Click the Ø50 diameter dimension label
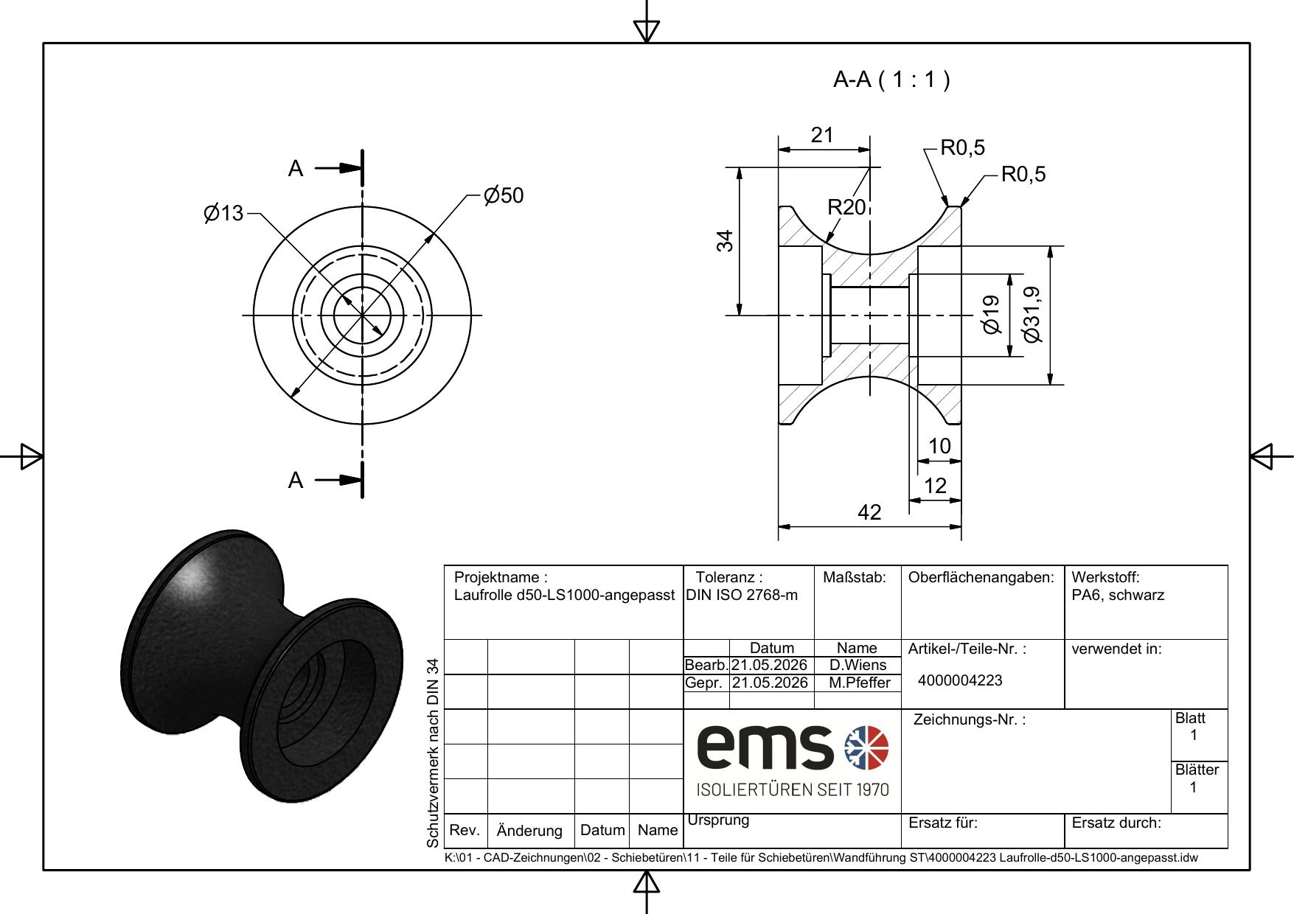[x=504, y=195]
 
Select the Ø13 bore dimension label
[x=223, y=214]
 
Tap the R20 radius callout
[x=846, y=208]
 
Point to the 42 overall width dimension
[x=870, y=512]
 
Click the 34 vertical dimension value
[x=726, y=241]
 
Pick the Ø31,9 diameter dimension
[x=1033, y=314]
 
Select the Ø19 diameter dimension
[x=992, y=315]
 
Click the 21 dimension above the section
[x=822, y=135]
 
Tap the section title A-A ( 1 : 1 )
[x=891, y=80]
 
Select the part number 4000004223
[x=960, y=680]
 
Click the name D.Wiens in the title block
[x=858, y=665]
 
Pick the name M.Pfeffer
[x=859, y=683]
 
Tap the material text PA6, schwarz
[x=1118, y=596]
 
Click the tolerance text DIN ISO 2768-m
[x=742, y=595]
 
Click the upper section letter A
[x=296, y=169]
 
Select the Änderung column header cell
[x=529, y=831]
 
